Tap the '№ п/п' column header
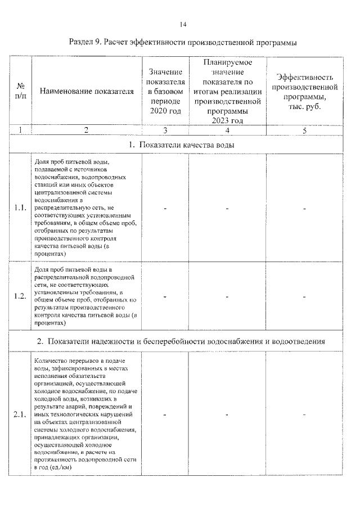click(21, 91)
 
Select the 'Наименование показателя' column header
click(87, 92)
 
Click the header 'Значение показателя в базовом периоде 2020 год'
click(165, 92)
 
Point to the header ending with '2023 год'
click(227, 92)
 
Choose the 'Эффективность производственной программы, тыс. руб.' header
click(304, 92)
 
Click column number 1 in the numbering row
click(21, 130)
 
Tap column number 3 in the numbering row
click(165, 130)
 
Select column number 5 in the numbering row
click(304, 130)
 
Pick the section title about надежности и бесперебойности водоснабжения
click(181, 341)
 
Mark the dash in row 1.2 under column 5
click(304, 296)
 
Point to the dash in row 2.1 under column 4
click(227, 415)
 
